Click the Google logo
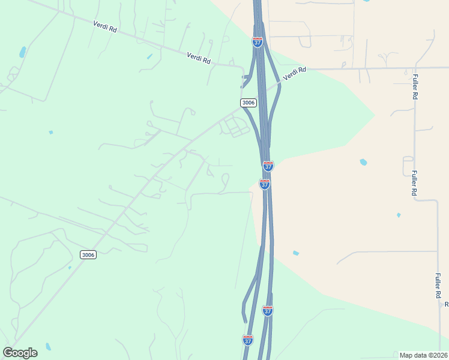click(x=20, y=353)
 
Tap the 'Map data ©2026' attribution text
click(x=423, y=355)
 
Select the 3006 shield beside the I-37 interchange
click(x=249, y=103)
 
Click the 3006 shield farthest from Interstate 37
click(x=88, y=255)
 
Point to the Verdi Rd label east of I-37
click(x=294, y=73)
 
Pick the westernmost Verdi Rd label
click(x=104, y=28)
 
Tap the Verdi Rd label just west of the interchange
click(x=199, y=58)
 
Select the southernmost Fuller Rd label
click(x=439, y=287)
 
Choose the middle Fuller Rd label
click(x=414, y=184)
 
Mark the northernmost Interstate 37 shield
click(x=257, y=42)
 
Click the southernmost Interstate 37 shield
click(x=248, y=340)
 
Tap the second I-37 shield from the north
click(x=268, y=166)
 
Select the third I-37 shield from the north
click(x=265, y=184)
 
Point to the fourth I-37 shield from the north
click(x=268, y=310)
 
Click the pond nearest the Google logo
click(x=48, y=347)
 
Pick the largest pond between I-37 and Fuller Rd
click(x=363, y=162)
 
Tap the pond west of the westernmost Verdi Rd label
click(x=23, y=52)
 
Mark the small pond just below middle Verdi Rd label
click(x=149, y=56)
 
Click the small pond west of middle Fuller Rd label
click(x=399, y=215)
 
